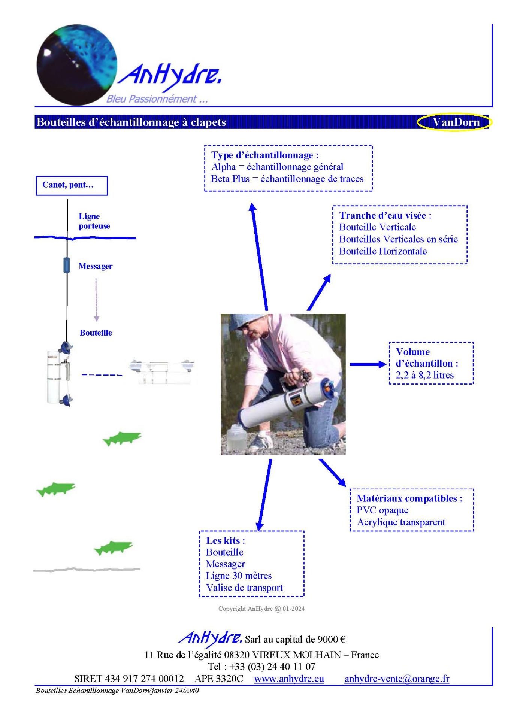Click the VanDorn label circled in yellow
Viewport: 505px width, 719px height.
(456, 122)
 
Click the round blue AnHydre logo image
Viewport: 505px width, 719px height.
(77, 64)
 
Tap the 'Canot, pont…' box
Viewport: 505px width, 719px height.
(72, 185)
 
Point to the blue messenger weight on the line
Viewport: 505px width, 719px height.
(67, 265)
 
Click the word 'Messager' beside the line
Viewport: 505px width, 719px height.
(95, 266)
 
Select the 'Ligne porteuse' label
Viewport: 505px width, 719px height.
(94, 221)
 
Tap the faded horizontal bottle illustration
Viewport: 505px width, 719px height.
(162, 371)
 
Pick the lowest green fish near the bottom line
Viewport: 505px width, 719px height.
(113, 548)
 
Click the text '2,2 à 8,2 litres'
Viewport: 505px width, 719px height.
(424, 375)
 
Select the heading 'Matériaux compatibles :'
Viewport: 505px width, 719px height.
(409, 498)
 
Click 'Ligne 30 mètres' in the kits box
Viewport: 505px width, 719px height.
(239, 576)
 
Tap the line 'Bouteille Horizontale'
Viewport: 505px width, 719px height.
(383, 251)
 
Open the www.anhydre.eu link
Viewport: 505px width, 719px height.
(289, 679)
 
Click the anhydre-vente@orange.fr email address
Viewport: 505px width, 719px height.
(397, 679)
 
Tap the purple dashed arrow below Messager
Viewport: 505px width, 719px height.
(96, 300)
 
